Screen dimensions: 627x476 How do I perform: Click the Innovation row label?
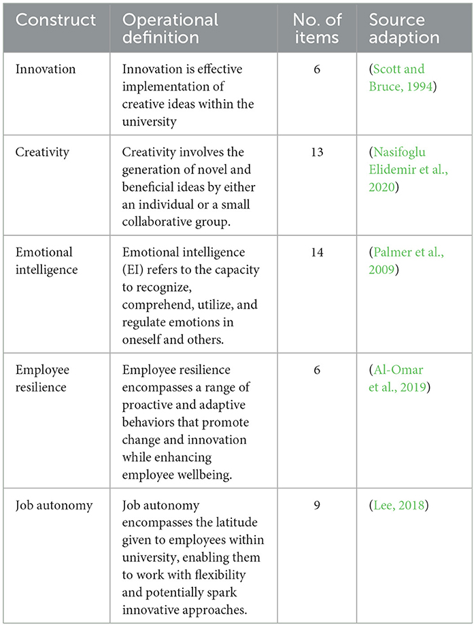click(x=45, y=70)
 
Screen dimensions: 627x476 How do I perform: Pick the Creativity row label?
click(x=42, y=152)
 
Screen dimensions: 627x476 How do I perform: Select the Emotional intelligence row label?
click(x=46, y=260)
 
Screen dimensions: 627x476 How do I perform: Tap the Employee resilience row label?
click(x=44, y=379)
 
